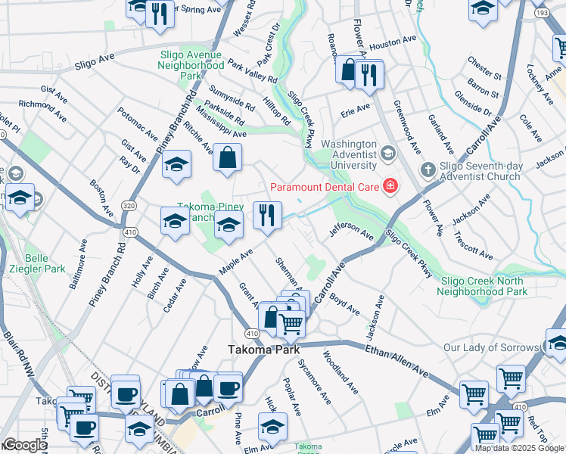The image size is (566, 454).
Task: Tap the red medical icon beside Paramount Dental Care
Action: point(390,185)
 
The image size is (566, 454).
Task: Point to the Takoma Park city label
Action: point(264,350)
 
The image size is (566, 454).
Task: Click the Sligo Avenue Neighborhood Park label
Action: point(191,65)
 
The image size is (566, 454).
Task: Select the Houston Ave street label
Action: point(393,43)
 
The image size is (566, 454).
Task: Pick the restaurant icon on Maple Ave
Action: point(267,215)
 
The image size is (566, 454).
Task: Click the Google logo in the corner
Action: point(25,445)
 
